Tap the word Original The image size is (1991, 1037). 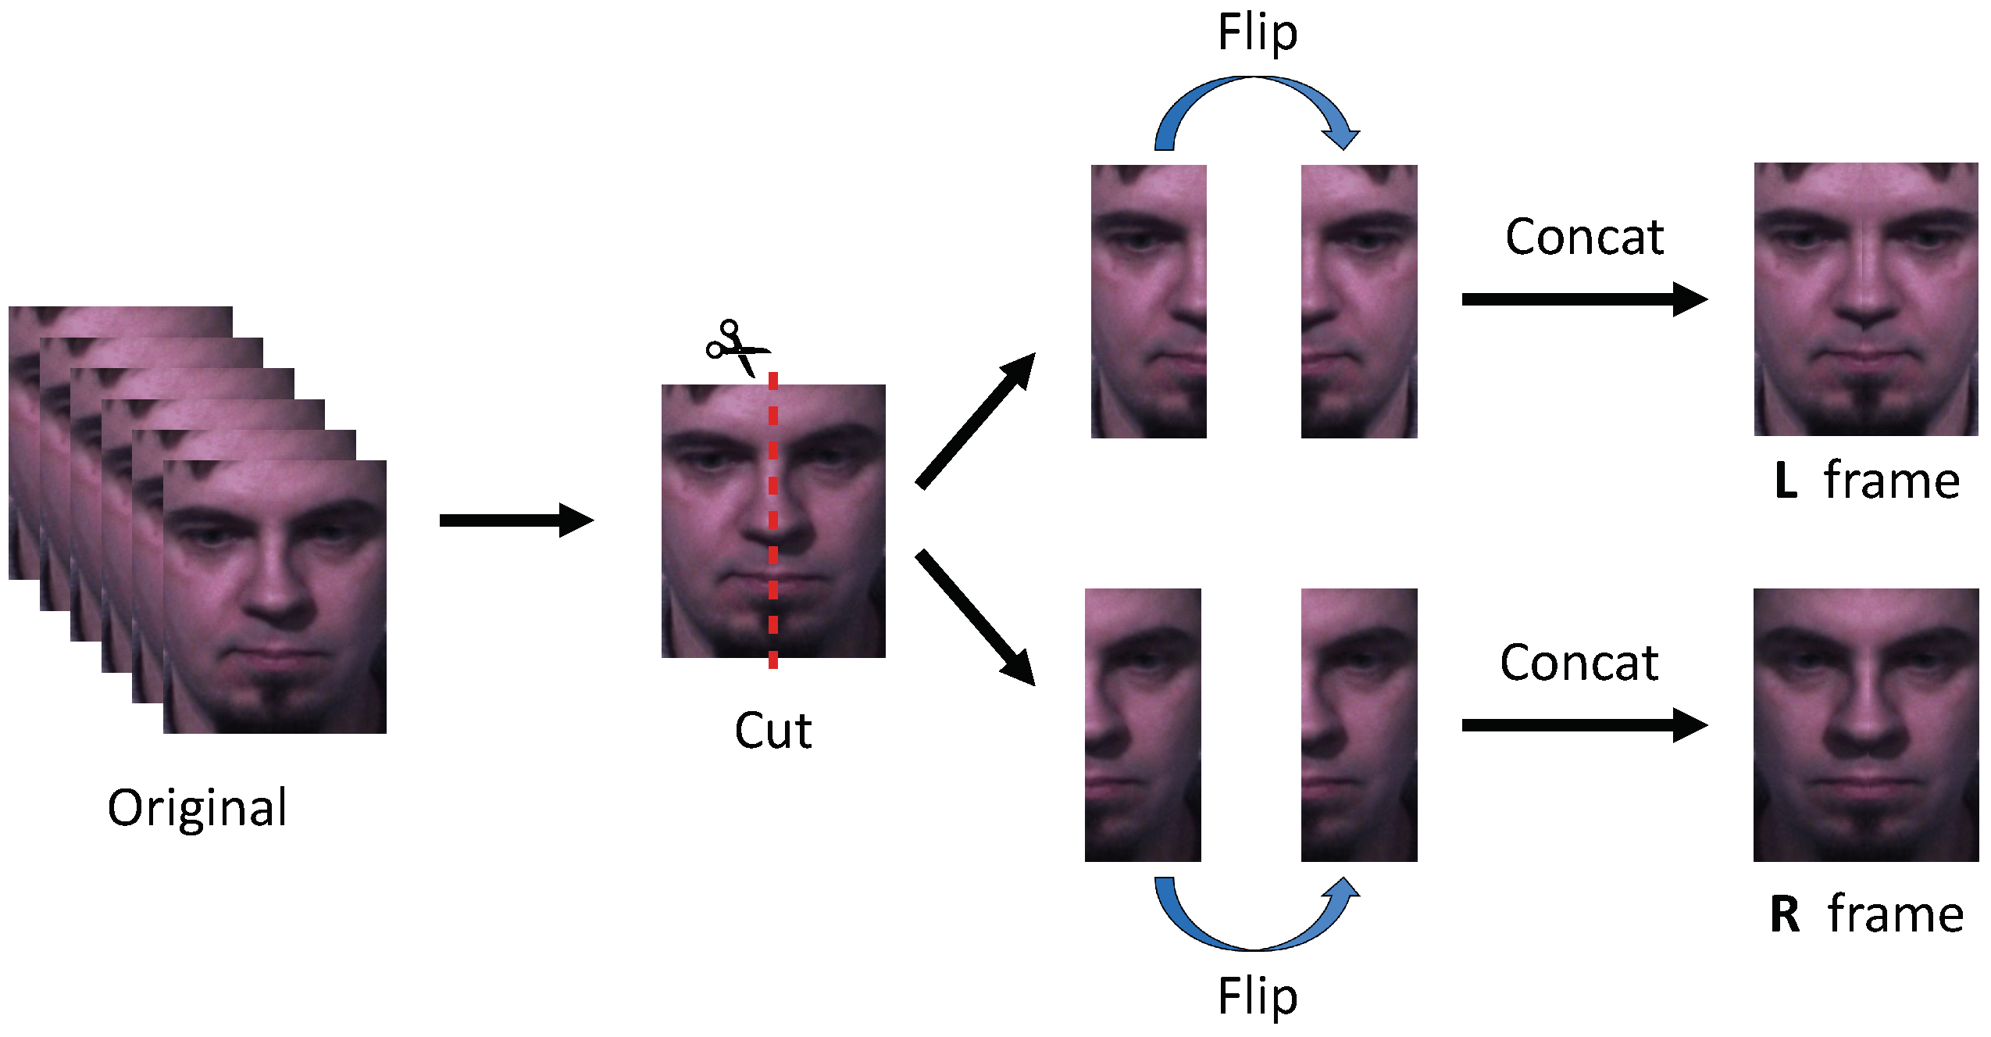[198, 808]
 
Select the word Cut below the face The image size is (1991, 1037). [772, 731]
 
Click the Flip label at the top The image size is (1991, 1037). [1257, 34]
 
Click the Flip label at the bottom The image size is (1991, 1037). [1257, 997]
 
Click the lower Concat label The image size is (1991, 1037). [1579, 663]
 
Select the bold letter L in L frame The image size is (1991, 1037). [1786, 481]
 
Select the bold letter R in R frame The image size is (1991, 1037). [1785, 914]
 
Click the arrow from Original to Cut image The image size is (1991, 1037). [516, 520]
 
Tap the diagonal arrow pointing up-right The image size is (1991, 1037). [975, 421]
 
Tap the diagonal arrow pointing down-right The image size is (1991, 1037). [975, 617]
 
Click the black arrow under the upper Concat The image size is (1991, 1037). [1583, 299]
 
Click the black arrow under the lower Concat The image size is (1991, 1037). [1583, 725]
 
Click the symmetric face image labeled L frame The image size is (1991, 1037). [1865, 299]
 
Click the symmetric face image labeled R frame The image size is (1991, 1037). [1865, 725]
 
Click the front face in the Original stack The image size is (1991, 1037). [275, 597]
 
